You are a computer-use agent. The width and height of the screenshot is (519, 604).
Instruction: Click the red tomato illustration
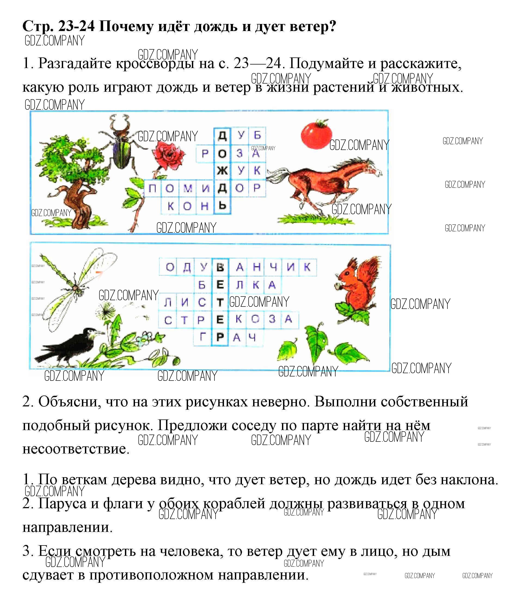click(316, 135)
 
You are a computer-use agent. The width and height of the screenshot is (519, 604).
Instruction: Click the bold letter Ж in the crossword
click(222, 171)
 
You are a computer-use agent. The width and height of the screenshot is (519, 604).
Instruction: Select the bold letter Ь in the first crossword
click(222, 206)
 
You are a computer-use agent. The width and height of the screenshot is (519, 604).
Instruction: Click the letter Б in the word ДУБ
click(257, 135)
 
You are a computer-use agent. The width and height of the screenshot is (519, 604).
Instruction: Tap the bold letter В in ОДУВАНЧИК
click(220, 267)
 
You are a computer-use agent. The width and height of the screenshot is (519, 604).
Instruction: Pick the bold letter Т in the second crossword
click(220, 302)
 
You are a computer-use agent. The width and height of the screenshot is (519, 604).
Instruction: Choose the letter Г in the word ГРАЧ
click(202, 338)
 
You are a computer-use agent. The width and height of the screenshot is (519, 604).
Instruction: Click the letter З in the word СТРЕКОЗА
click(272, 320)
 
